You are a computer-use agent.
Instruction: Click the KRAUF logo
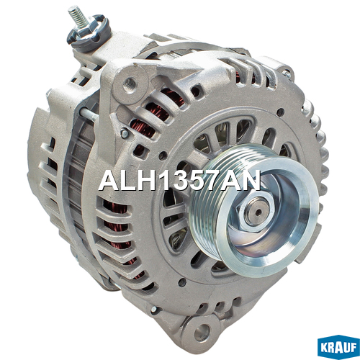[338, 347]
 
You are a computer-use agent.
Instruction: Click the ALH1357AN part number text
[179, 181]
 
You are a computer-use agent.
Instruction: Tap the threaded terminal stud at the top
[77, 15]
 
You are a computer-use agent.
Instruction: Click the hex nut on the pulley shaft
[256, 212]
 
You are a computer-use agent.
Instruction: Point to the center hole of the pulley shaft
[258, 212]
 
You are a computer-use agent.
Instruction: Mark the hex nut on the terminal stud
[85, 27]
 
